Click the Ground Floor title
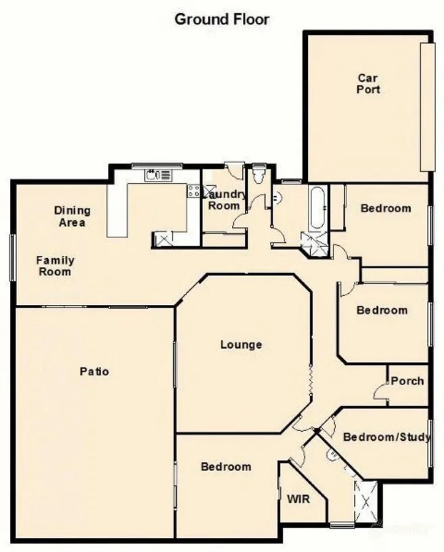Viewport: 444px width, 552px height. [221, 19]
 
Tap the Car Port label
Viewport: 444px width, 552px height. [369, 83]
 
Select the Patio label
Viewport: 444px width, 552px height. [94, 371]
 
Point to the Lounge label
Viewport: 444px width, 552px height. [241, 345]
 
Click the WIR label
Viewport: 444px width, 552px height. [298, 499]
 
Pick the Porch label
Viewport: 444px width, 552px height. [407, 381]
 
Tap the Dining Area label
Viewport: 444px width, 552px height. [72, 217]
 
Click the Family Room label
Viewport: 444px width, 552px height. [54, 266]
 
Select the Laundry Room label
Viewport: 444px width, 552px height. [224, 201]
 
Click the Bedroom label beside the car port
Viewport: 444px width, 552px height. [386, 209]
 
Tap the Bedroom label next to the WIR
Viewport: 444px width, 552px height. [226, 467]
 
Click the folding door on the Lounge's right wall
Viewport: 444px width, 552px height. [311, 381]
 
